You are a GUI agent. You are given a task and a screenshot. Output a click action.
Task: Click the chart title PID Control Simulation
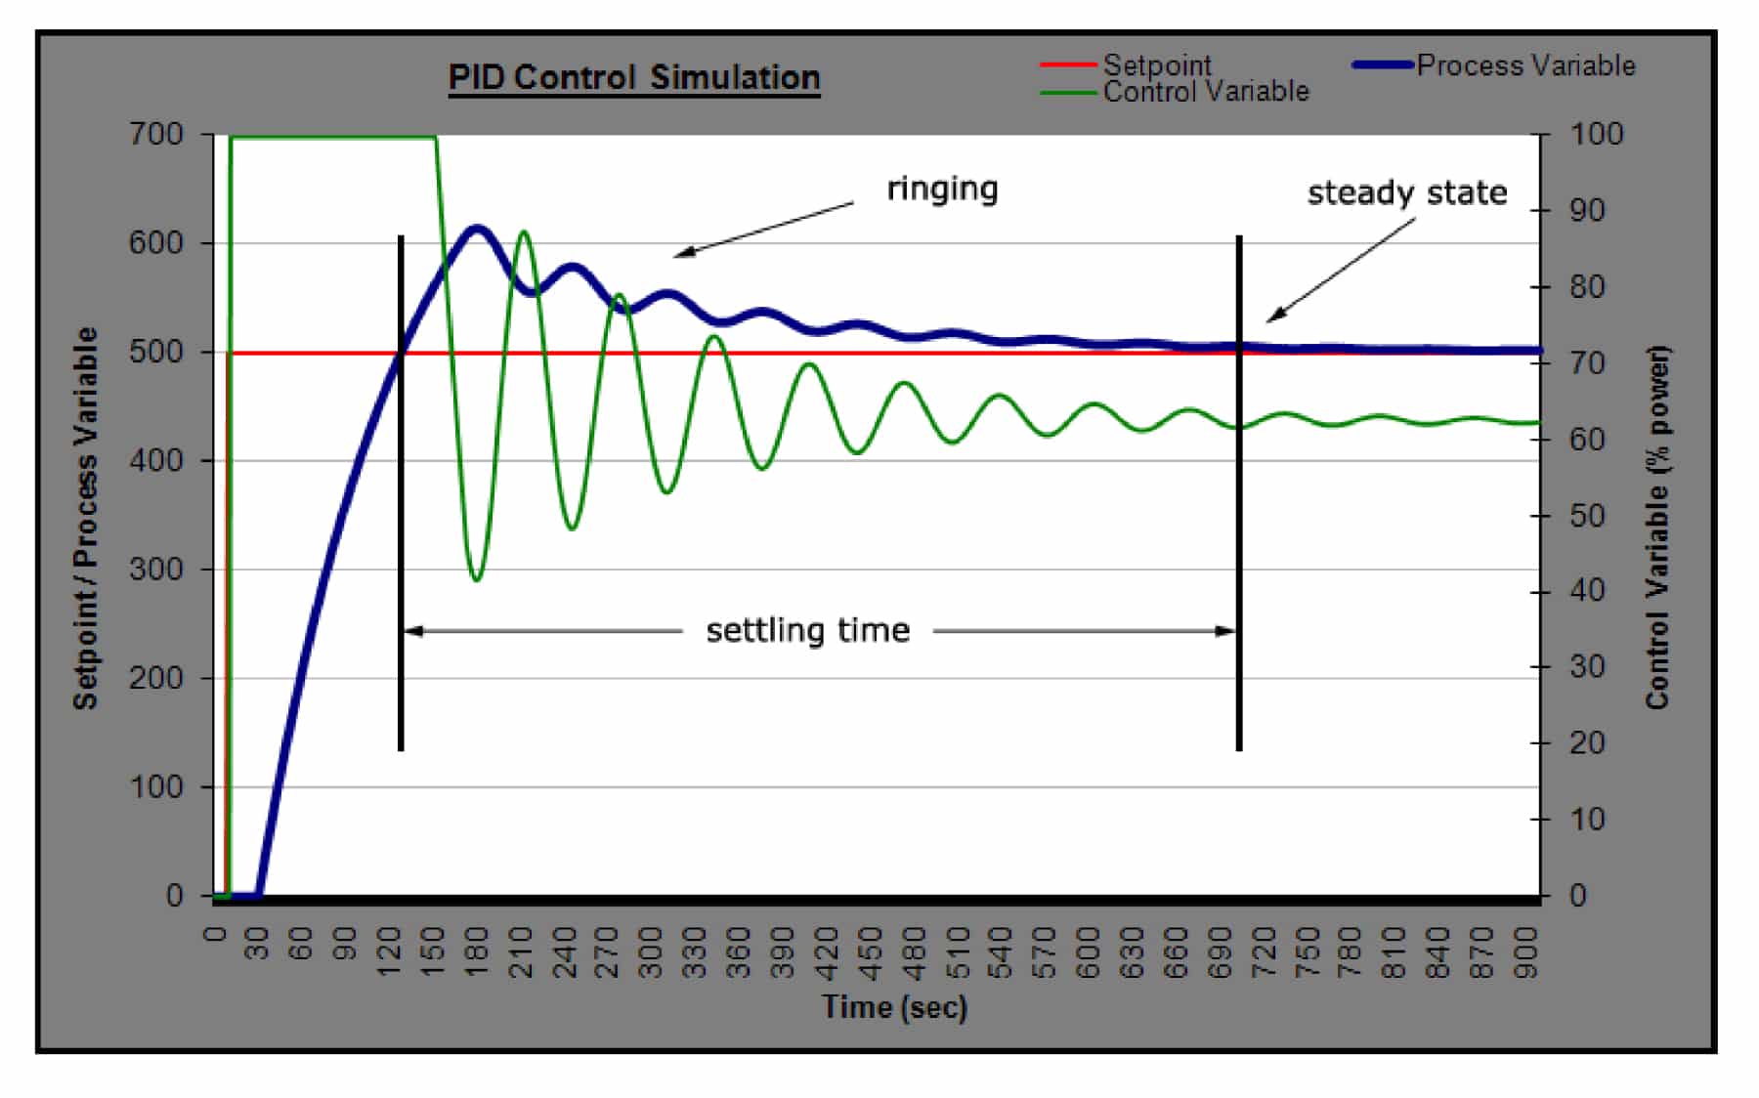(x=634, y=77)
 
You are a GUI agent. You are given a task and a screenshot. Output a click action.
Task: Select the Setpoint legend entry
(x=1156, y=65)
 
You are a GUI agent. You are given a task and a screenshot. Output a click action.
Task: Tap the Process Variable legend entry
(x=1525, y=65)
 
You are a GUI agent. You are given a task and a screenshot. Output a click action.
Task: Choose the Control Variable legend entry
(x=1205, y=92)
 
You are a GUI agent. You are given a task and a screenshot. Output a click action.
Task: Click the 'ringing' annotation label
(x=942, y=189)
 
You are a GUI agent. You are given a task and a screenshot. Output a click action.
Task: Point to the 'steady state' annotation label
(x=1406, y=192)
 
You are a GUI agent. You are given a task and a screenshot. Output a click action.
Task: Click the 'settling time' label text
(x=807, y=631)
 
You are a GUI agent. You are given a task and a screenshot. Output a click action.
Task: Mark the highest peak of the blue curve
(x=476, y=229)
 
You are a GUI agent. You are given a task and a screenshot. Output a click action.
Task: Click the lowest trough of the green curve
(x=476, y=580)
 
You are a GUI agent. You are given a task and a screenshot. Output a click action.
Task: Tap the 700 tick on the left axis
(x=156, y=134)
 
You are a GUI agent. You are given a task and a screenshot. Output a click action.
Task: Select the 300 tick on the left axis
(x=156, y=570)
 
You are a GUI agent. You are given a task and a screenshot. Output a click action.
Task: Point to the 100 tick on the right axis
(x=1596, y=134)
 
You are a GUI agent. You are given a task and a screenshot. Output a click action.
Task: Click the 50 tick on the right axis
(x=1587, y=516)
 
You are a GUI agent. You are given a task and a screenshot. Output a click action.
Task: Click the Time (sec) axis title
(x=894, y=1007)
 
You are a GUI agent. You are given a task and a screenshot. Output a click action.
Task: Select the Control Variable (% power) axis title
(x=1657, y=528)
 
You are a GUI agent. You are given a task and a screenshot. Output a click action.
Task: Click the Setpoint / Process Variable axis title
(x=86, y=518)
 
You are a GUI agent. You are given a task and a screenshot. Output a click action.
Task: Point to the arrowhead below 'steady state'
(x=1273, y=317)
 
